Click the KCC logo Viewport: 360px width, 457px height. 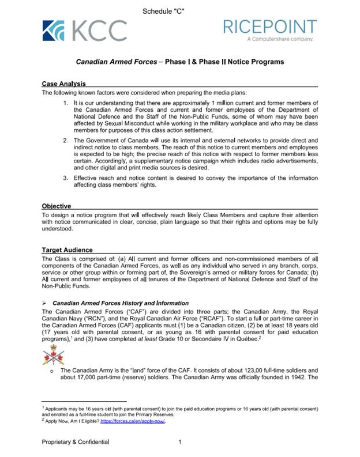(x=84, y=30)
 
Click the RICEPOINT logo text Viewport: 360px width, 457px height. (x=270, y=27)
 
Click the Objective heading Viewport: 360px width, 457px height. (x=57, y=206)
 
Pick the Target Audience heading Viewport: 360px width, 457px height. (x=67, y=251)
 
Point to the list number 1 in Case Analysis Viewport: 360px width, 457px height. (x=66, y=102)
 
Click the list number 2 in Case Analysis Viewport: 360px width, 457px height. (x=66, y=141)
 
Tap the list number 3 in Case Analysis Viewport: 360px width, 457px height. (x=66, y=177)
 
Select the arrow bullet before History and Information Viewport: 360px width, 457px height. (x=44, y=303)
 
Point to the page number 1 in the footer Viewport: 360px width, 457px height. (x=180, y=442)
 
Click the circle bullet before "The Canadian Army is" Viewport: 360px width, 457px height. (x=52, y=372)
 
